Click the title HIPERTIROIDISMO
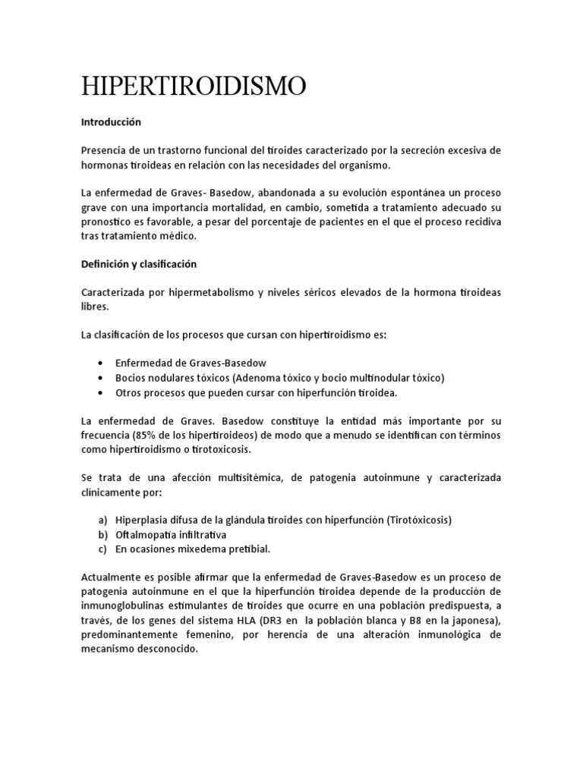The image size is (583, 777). [194, 87]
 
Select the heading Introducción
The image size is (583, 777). [111, 121]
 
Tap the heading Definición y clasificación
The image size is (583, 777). [139, 264]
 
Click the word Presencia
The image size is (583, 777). [106, 150]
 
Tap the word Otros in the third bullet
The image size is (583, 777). [129, 392]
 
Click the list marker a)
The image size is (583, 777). [102, 521]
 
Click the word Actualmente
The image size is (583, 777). [113, 577]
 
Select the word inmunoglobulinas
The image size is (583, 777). [125, 606]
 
